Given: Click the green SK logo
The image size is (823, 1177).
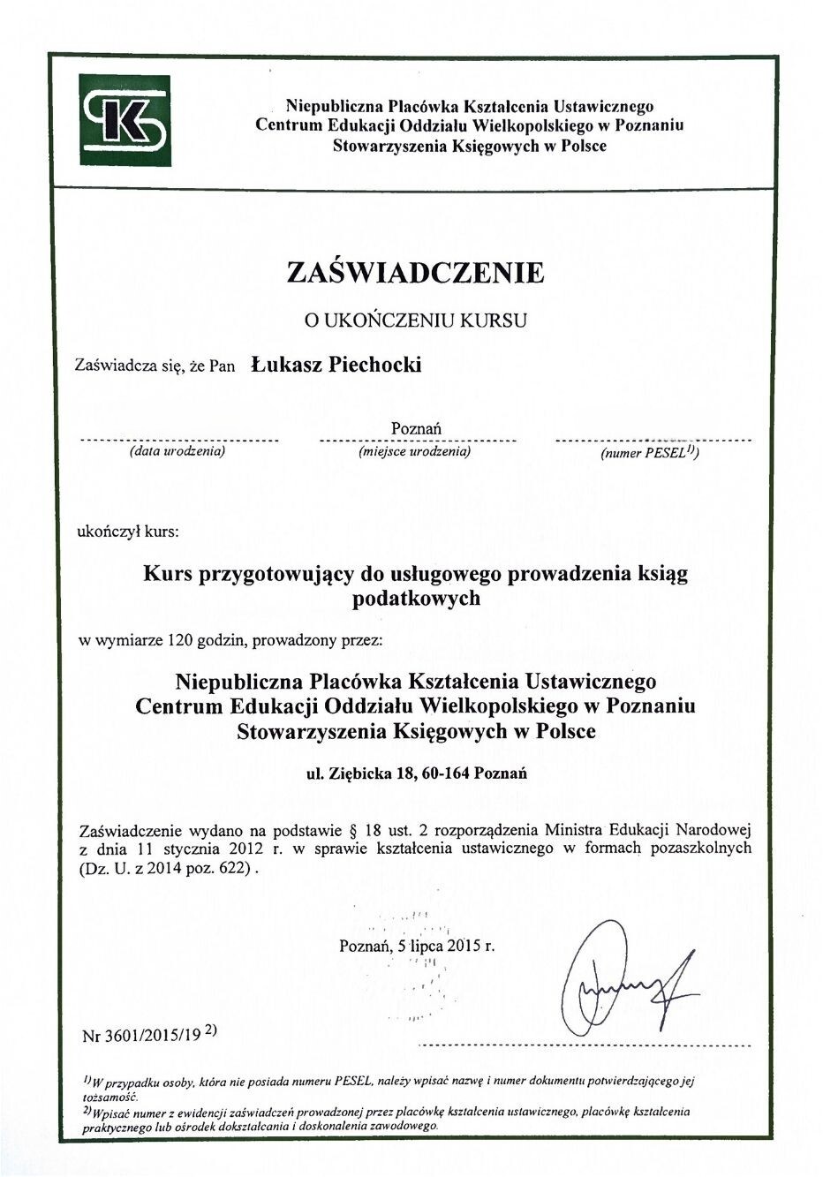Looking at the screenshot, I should (124, 120).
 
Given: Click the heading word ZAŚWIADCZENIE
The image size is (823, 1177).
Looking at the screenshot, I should (415, 272).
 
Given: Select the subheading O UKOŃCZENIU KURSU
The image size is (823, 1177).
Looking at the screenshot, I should (415, 321).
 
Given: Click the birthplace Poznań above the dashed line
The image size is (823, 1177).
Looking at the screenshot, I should (416, 428).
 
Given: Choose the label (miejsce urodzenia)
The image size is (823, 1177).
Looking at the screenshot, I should (414, 451).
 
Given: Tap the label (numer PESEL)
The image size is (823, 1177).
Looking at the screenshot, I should (650, 452).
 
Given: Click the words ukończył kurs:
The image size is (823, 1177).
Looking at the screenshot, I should (128, 532).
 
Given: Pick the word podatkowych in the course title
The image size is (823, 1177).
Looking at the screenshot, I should (415, 598).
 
